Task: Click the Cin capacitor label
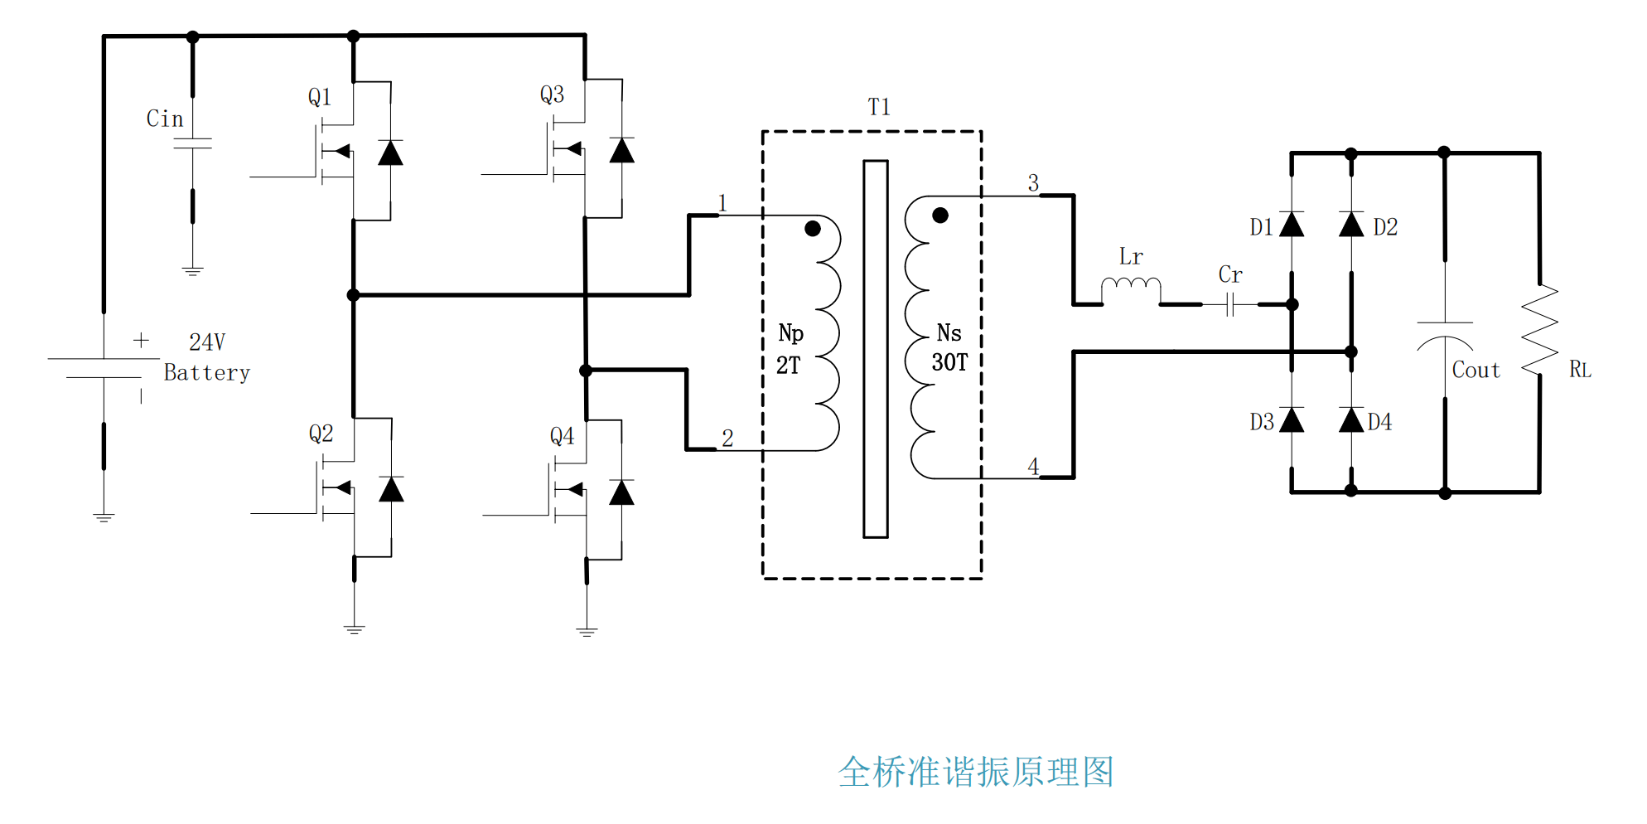[165, 119]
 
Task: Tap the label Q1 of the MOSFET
[320, 97]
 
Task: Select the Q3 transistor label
[552, 95]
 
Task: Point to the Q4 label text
[562, 436]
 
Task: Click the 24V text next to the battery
[207, 342]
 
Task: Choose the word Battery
[207, 373]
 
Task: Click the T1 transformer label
[879, 107]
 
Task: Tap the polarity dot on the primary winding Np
[813, 229]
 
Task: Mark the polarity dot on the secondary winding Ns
[939, 216]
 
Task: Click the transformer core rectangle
[876, 348]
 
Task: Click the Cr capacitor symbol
[1230, 305]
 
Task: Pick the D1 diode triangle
[1292, 225]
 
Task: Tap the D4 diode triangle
[1351, 420]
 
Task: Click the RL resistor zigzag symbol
[1540, 329]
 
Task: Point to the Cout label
[1476, 371]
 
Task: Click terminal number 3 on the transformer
[1033, 183]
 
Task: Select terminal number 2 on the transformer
[727, 438]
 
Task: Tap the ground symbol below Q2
[355, 629]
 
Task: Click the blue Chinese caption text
[976, 772]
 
